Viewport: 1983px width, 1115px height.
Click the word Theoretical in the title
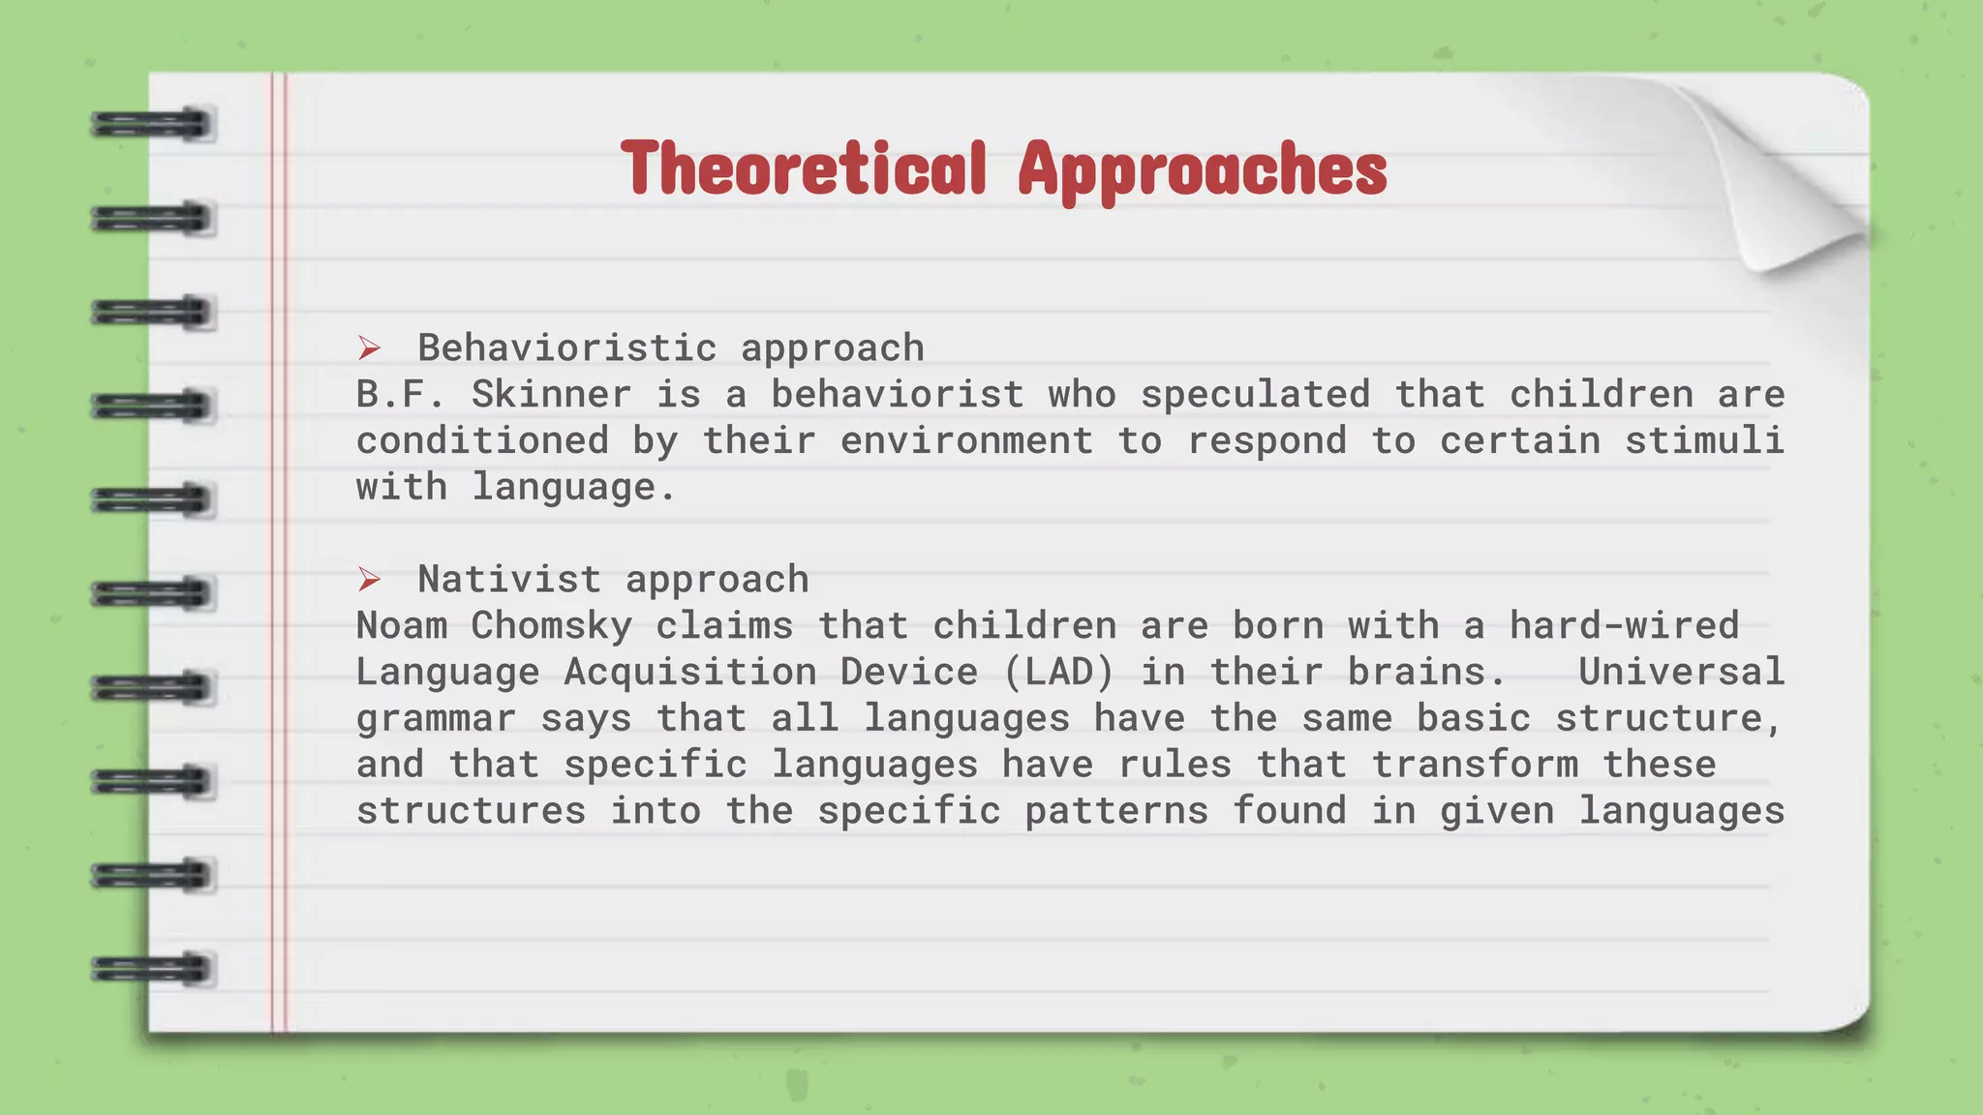coord(804,168)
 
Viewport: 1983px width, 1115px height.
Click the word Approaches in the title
coord(1203,170)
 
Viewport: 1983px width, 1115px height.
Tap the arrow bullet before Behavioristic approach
coord(369,347)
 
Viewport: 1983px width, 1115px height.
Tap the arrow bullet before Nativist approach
coord(369,580)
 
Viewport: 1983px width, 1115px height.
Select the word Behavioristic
coord(567,347)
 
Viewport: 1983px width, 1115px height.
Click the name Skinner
coord(551,394)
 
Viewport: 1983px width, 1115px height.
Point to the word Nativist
coord(509,580)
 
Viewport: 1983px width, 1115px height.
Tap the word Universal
coord(1681,672)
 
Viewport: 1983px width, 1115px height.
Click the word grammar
coord(436,718)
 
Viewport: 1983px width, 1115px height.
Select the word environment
coord(966,440)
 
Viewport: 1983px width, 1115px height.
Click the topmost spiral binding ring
coord(152,125)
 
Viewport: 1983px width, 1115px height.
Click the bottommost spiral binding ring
coord(152,969)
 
